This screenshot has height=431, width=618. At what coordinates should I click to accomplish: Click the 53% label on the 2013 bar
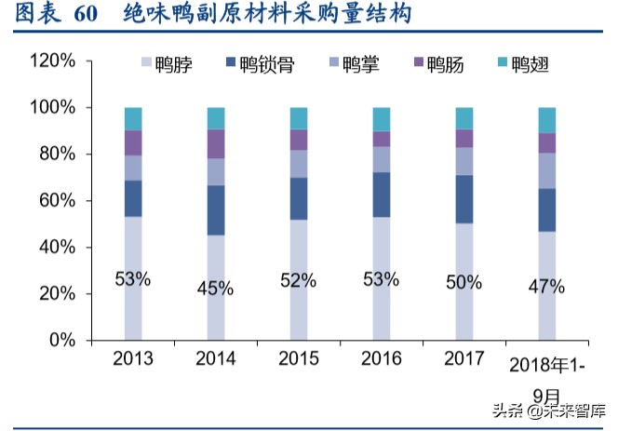133,278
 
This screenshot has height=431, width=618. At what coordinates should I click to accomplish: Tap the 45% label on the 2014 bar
216,288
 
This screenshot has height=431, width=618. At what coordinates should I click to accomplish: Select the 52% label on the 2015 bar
298,280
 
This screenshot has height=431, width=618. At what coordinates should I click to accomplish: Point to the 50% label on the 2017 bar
463,282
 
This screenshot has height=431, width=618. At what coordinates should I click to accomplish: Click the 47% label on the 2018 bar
546,287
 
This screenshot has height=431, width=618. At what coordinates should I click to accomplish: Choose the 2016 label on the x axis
381,359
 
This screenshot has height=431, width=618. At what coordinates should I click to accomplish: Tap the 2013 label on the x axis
133,359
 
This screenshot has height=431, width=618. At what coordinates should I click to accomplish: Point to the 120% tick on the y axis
53,61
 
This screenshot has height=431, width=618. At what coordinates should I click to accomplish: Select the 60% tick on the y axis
57,201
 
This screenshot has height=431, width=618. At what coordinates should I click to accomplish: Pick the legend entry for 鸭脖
168,64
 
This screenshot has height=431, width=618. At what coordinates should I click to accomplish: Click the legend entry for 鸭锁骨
259,64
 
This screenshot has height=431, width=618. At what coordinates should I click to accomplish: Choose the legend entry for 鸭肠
438,64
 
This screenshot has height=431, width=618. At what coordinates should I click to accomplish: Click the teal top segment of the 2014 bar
216,118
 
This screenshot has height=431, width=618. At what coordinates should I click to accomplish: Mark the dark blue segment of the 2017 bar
463,199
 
